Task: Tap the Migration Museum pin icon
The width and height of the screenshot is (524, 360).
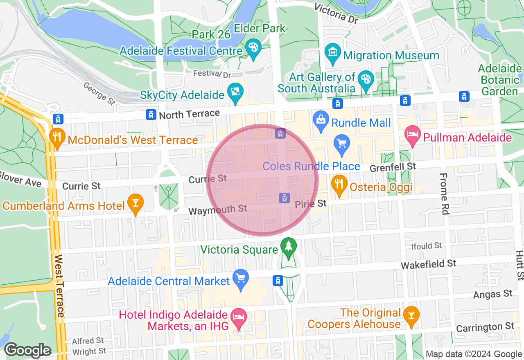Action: point(333,53)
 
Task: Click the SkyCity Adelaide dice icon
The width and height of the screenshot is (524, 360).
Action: point(236,92)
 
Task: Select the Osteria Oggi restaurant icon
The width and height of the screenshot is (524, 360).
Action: point(339,184)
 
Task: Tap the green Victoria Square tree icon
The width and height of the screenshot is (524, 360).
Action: point(289,247)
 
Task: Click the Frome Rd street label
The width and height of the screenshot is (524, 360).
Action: point(445,193)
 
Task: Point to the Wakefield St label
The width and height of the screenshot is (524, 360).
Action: point(428,264)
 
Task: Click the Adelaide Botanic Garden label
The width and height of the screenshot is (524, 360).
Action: point(500,80)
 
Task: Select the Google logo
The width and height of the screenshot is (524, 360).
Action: point(27,350)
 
